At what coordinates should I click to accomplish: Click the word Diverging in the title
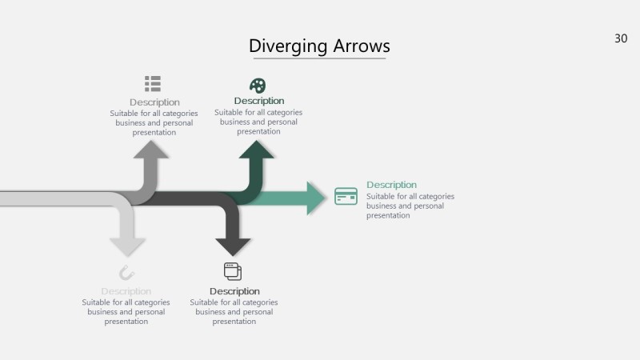[x=286, y=46]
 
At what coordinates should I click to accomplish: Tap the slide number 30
[x=621, y=38]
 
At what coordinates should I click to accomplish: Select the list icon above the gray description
[x=153, y=83]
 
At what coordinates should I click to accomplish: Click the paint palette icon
[x=258, y=85]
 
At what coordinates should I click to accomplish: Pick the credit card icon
[x=346, y=196]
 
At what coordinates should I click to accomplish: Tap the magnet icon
[x=126, y=272]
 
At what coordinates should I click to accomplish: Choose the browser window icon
[x=233, y=271]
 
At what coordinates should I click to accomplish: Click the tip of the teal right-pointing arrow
[x=326, y=198]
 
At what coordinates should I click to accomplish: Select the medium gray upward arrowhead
[x=151, y=150]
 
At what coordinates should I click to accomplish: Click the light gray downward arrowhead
[x=128, y=246]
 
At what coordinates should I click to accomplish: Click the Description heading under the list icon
[x=154, y=102]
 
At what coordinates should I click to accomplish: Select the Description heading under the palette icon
[x=258, y=101]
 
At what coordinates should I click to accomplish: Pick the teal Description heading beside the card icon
[x=391, y=185]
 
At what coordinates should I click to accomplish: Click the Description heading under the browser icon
[x=234, y=291]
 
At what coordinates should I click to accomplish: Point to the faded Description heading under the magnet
[x=126, y=291]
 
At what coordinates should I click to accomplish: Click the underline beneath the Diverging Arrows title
[x=318, y=58]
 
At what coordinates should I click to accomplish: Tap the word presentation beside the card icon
[x=388, y=215]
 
